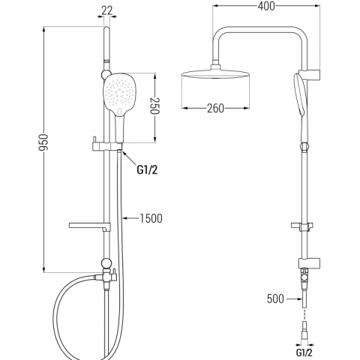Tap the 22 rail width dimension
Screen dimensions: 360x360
pos(107,10)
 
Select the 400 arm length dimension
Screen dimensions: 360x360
pos(266,6)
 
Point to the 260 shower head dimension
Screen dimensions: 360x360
pos(215,108)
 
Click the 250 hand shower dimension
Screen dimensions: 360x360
pos(154,106)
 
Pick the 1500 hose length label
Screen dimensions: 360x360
pos(151,218)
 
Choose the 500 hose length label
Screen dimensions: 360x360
pos(275,298)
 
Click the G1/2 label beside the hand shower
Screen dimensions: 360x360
pos(147,170)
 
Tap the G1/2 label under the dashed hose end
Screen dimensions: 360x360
pos(304,352)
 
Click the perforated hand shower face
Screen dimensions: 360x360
pos(120,93)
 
